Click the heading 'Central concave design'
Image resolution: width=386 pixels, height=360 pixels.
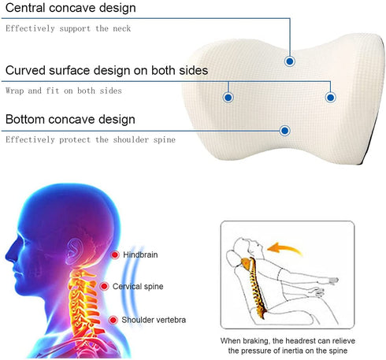(71, 8)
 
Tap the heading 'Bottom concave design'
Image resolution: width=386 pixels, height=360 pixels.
(70, 120)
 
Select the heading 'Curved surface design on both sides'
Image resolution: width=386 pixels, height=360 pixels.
(106, 70)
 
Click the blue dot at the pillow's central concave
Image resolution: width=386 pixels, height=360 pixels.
(290, 61)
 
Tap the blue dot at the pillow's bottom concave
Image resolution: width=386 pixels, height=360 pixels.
(284, 131)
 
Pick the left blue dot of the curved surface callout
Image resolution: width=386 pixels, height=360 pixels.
(228, 98)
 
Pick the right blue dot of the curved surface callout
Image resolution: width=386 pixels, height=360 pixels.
(331, 98)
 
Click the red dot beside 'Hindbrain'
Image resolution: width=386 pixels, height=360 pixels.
(115, 254)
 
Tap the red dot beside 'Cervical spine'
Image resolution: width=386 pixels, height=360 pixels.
(104, 286)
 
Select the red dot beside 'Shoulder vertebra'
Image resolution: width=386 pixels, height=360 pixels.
(113, 320)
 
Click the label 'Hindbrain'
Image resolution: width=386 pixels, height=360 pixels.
(140, 254)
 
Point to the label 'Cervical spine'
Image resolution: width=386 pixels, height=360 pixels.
(138, 287)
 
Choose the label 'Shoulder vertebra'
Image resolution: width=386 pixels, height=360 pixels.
(154, 320)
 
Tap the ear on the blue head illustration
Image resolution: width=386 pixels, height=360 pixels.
(74, 251)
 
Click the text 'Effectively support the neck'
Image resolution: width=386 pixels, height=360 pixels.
(69, 28)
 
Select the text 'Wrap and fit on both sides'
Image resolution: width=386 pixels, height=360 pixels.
(64, 91)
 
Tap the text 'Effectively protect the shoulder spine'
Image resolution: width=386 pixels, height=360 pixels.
(91, 139)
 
